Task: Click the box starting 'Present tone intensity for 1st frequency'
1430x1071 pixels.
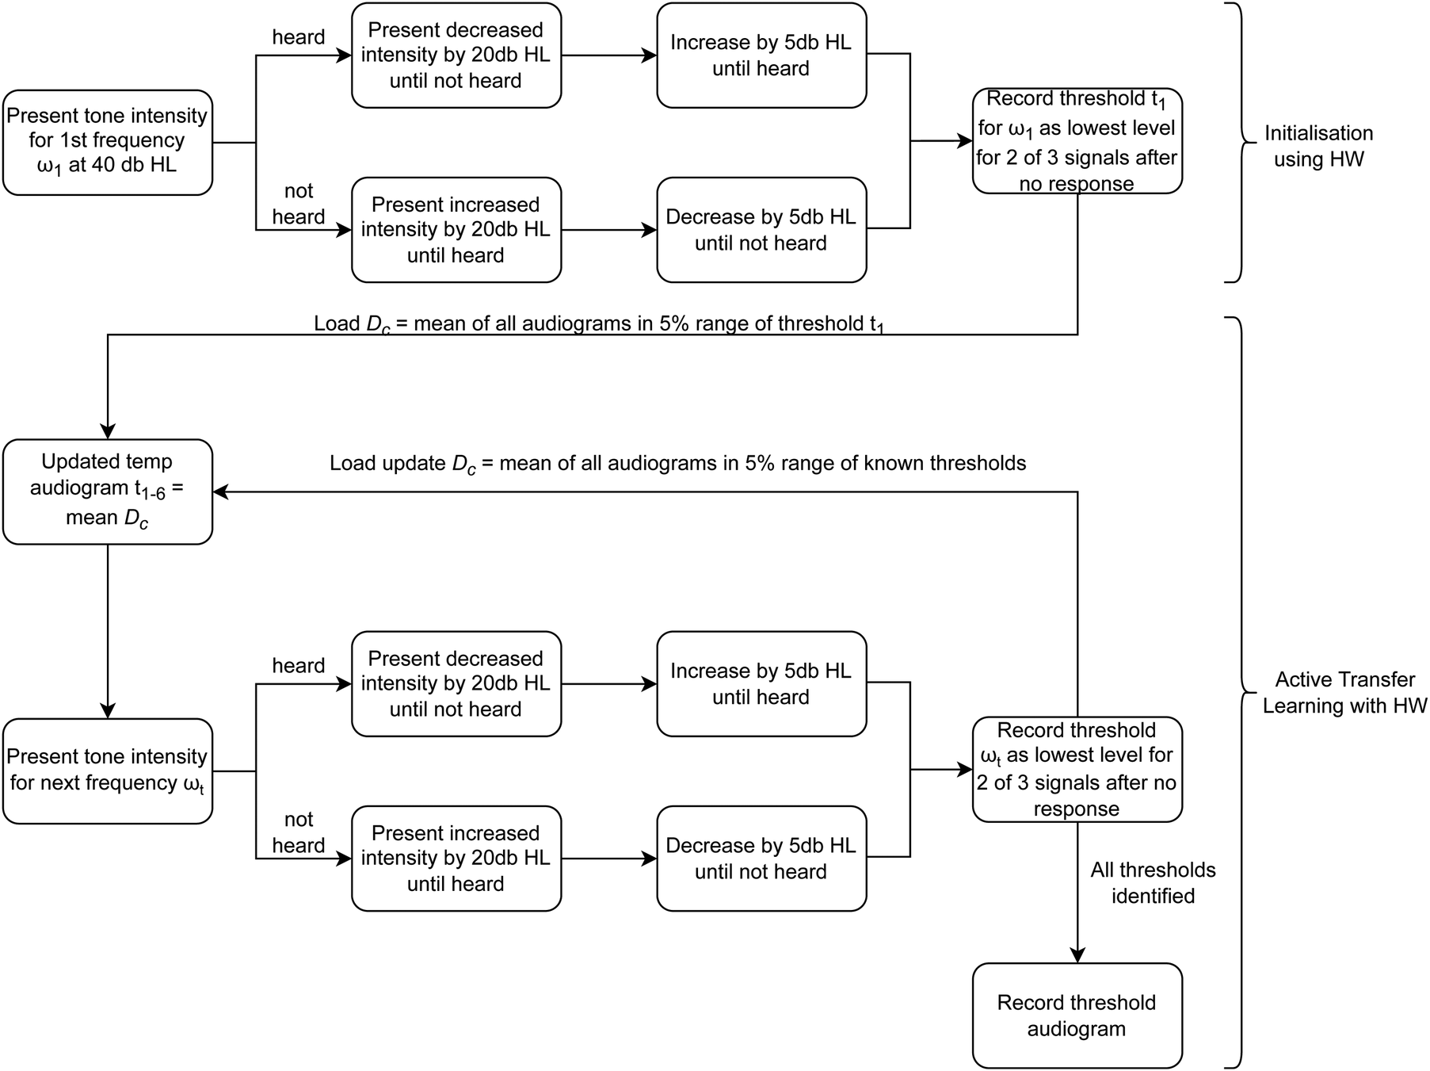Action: pos(107,142)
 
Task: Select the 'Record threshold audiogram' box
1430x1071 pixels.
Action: pos(1077,1016)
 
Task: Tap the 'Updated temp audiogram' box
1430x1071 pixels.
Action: pos(107,492)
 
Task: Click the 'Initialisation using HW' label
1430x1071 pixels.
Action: pos(1318,146)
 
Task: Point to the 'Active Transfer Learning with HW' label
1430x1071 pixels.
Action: pos(1344,692)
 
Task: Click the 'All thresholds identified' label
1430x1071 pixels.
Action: pos(1152,882)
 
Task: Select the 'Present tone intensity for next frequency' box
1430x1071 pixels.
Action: pos(107,771)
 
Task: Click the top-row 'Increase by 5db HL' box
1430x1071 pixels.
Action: pos(761,55)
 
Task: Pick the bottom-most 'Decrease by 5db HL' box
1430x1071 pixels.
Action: pos(761,859)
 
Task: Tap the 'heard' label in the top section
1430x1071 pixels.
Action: pos(298,37)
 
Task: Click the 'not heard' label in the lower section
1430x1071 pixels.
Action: pos(298,832)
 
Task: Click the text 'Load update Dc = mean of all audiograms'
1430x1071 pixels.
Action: pos(677,464)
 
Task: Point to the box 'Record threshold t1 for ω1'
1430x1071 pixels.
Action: pos(1077,141)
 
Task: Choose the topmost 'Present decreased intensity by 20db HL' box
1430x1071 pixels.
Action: pos(456,55)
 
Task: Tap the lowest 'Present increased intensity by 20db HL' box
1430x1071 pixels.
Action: pos(456,859)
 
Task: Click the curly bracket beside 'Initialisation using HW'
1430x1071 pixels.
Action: pos(1241,143)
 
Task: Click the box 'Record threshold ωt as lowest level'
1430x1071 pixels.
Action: pos(1077,769)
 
